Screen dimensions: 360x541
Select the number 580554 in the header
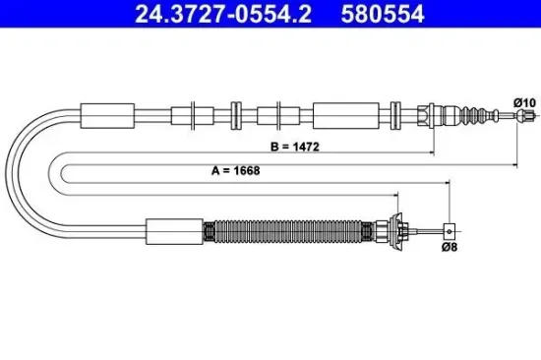pos(383,15)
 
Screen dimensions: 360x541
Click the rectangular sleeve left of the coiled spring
pos(173,232)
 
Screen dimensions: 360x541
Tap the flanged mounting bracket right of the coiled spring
pos(397,231)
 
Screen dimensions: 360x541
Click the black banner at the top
pos(270,15)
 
